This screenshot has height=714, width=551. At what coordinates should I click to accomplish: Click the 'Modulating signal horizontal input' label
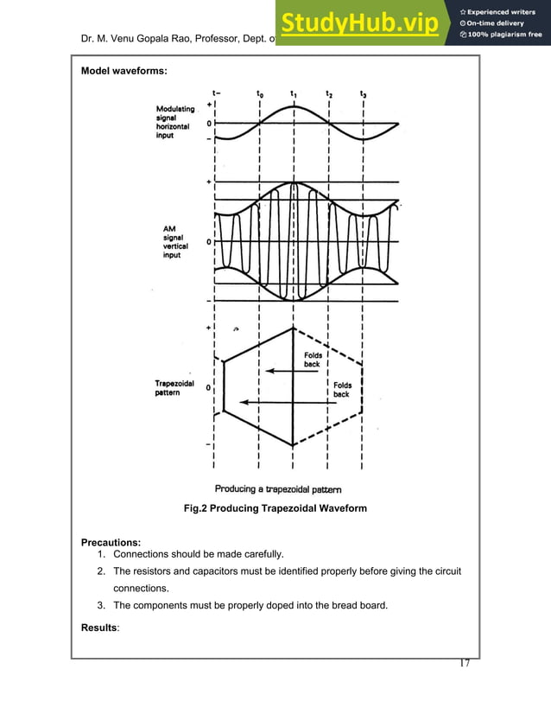174,122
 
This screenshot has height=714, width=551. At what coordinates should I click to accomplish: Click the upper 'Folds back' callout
312,359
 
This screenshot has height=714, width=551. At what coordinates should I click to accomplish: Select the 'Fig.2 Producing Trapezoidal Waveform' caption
275,508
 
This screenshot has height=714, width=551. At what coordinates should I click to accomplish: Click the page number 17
464,663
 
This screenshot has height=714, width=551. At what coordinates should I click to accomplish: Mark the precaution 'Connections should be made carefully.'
203,553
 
